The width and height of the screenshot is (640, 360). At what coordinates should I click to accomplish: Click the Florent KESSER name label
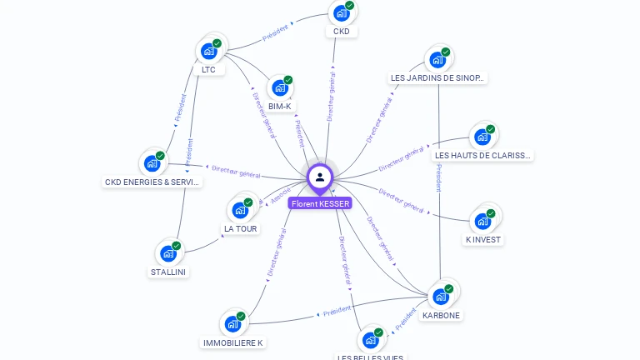[x=320, y=203]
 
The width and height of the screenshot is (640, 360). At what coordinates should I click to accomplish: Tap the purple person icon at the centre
[x=320, y=177]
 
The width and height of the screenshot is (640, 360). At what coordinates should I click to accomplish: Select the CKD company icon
[x=341, y=13]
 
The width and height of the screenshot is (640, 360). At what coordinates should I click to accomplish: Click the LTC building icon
[x=209, y=51]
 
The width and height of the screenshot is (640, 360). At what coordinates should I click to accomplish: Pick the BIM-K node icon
[x=280, y=87]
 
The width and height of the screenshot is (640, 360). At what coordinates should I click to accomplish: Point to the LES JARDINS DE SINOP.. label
[x=437, y=78]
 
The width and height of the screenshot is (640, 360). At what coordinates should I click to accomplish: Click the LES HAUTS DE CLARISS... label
[x=482, y=156]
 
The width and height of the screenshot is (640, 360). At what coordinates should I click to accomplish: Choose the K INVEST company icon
[x=482, y=221]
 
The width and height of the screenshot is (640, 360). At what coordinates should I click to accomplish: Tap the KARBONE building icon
[x=441, y=296]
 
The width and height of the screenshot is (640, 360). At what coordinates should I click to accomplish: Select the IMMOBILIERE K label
[x=233, y=342]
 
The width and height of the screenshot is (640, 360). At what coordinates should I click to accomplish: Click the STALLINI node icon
[x=169, y=253]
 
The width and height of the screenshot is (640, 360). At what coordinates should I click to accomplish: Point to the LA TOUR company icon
[x=241, y=210]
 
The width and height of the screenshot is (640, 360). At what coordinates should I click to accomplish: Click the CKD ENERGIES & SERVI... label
[x=152, y=182]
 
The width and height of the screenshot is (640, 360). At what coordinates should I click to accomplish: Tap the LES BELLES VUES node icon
[x=371, y=340]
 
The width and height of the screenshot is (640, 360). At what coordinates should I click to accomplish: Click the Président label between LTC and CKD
[x=275, y=33]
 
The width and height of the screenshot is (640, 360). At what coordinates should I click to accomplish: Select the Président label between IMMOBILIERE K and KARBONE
[x=337, y=312]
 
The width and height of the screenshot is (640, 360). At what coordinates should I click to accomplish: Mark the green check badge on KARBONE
[x=449, y=288]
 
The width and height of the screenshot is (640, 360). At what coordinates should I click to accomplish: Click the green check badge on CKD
[x=350, y=6]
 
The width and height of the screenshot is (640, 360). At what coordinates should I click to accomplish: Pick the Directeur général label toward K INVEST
[x=401, y=200]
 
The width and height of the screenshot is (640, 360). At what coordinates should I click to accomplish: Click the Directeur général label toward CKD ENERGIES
[x=236, y=172]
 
